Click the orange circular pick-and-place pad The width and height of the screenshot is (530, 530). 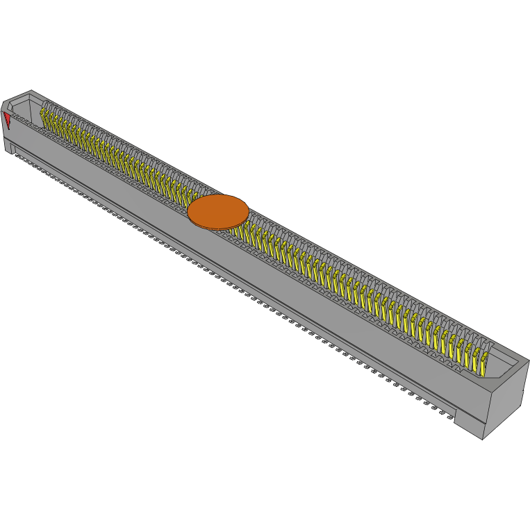click(x=218, y=210)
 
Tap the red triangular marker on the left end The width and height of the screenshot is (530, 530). click(x=8, y=119)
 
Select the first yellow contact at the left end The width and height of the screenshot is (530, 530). click(x=44, y=115)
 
